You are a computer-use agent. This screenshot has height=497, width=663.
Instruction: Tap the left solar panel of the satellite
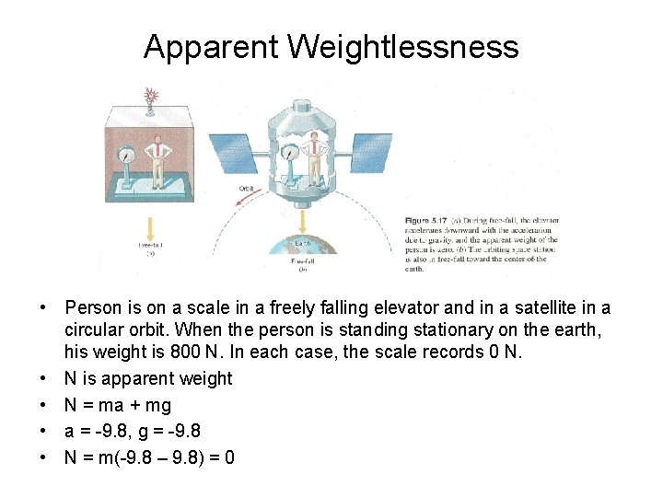pyautogui.click(x=232, y=152)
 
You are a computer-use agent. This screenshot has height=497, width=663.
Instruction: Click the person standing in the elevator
pyautogui.click(x=160, y=157)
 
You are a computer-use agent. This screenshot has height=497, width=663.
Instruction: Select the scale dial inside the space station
pyautogui.click(x=290, y=156)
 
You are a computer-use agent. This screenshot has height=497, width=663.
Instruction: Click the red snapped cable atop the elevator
pyautogui.click(x=150, y=95)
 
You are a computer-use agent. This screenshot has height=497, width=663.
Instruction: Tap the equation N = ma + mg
pyautogui.click(x=117, y=404)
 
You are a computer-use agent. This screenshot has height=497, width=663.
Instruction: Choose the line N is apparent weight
pyautogui.click(x=148, y=378)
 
